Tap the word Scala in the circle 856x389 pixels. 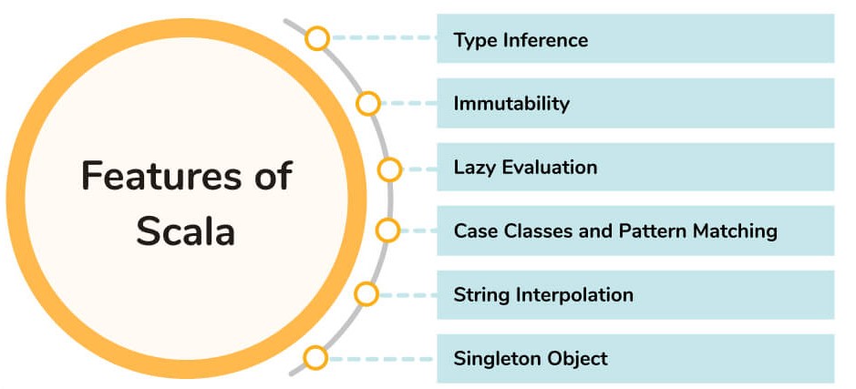point(186,230)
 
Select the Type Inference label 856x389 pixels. point(521,40)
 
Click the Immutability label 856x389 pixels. point(511,104)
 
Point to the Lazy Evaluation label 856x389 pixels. point(525,168)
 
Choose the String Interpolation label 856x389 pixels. point(543,295)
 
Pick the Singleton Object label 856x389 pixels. point(531,358)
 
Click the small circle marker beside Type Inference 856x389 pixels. point(317,38)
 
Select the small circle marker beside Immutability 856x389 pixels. point(368,103)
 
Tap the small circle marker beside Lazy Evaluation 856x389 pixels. point(389,169)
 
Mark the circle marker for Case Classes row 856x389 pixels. point(387,230)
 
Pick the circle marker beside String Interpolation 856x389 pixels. point(366,294)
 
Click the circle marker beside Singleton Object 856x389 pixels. point(315,358)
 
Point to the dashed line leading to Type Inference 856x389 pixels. point(383,39)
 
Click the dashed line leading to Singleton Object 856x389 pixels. point(383,358)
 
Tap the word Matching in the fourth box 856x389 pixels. point(732,231)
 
